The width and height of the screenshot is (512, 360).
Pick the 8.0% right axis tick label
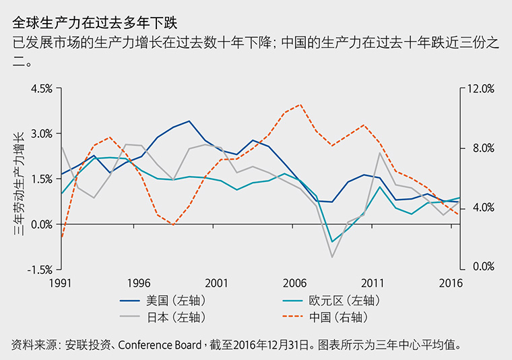(x=480, y=148)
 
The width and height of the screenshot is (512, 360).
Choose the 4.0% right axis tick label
(x=480, y=208)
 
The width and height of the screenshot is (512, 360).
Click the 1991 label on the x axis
(x=61, y=282)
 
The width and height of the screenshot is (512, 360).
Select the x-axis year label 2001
(x=216, y=282)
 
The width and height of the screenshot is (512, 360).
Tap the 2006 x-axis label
(x=295, y=282)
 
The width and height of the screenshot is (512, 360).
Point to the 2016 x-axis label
(x=450, y=282)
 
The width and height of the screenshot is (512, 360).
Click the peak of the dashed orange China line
(x=299, y=104)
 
